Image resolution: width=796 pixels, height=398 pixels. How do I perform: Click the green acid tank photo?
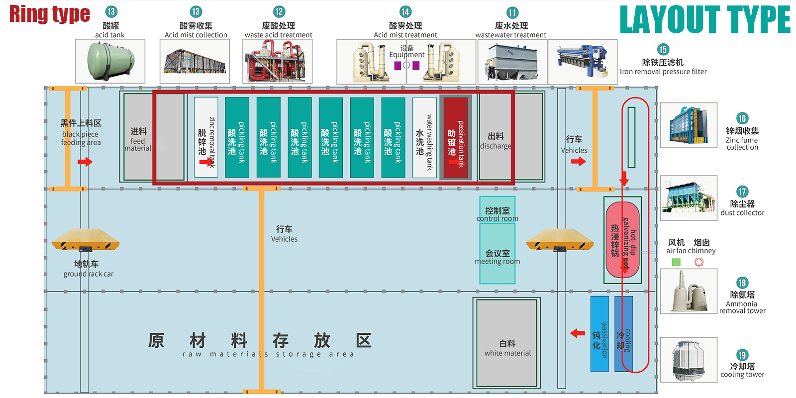coord(110,61)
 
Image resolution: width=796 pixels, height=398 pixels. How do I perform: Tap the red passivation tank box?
coord(456,137)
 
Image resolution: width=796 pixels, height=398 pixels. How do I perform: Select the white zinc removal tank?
coord(206,137)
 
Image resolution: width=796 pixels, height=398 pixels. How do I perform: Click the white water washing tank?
coord(424,137)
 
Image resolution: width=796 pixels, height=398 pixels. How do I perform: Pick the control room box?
coord(497,210)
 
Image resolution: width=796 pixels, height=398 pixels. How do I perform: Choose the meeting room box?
coord(497,254)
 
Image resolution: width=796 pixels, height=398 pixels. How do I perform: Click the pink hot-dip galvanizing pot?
coord(622,240)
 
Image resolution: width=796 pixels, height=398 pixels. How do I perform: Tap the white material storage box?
coord(507,343)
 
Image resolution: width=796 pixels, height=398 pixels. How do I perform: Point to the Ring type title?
coord(50,14)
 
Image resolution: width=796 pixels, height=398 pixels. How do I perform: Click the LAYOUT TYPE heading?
coord(704,20)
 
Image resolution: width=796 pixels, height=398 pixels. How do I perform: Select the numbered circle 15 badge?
coord(663,49)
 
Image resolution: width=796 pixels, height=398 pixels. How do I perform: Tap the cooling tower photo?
coord(689,360)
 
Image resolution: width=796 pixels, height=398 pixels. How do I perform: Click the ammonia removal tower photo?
coord(689,292)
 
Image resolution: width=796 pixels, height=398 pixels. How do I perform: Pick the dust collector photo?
coord(689,198)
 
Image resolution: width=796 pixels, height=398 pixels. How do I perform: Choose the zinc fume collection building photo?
coord(689,125)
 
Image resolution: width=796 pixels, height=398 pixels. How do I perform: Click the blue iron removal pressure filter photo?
coord(583,62)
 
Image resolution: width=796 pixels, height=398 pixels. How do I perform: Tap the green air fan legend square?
coord(676,262)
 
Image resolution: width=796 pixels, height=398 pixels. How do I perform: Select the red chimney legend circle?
coord(699,262)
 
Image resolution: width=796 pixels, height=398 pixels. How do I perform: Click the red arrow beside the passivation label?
coord(578,333)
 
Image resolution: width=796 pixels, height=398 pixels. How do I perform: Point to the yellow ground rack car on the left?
coord(86,240)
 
